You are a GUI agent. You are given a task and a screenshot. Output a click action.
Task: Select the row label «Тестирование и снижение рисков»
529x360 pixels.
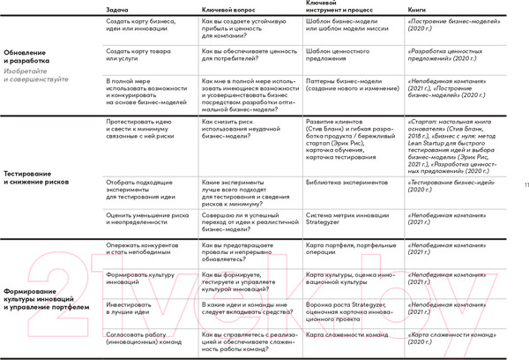pos(40,178)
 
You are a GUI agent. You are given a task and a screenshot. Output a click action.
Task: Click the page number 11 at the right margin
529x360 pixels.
pos(525,185)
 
